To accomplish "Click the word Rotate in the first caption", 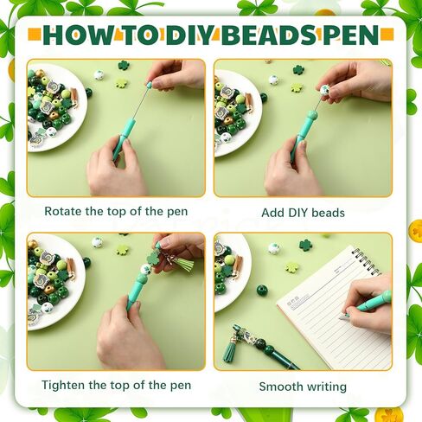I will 66,212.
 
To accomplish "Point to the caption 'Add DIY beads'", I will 303,212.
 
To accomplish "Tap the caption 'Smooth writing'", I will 303,387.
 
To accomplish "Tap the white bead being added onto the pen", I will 324,91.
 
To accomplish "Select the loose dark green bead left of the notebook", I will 262,291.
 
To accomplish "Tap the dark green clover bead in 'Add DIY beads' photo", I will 298,70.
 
